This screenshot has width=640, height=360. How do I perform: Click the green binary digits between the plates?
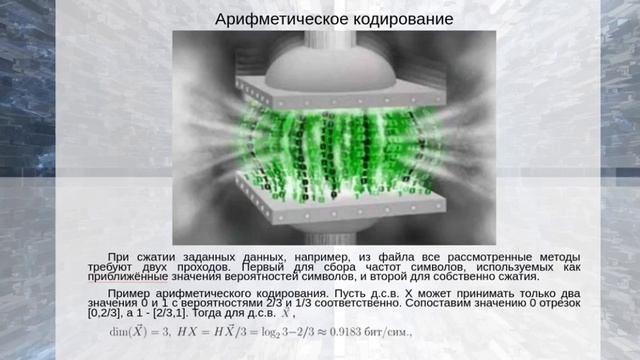[320, 150]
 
